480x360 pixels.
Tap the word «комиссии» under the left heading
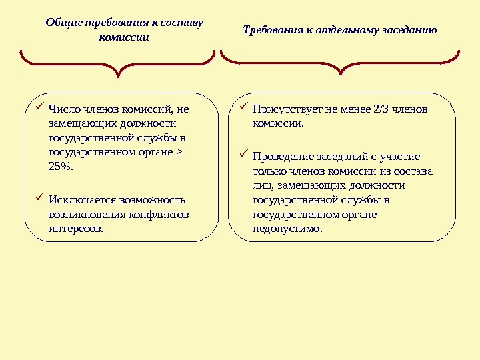[124, 37]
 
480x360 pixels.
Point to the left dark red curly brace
[119, 63]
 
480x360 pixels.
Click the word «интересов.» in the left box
[77, 229]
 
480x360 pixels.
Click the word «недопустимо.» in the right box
[287, 229]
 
